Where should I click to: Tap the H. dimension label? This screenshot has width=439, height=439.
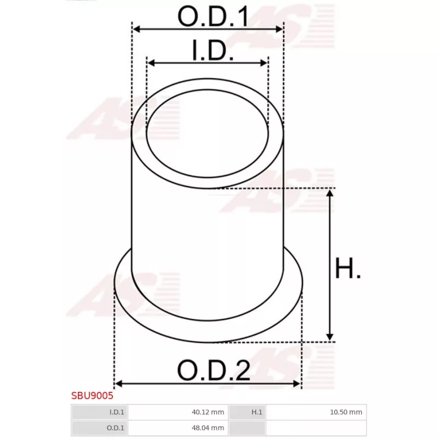348,269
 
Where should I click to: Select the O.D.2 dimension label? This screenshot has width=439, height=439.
213,372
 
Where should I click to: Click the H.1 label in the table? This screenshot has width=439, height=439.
256,412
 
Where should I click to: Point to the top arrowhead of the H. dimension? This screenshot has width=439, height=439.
330,193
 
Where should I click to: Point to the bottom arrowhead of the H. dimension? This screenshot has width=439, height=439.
330,337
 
